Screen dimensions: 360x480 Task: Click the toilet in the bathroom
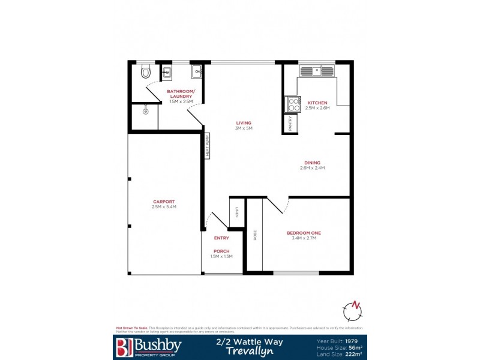point(144,73)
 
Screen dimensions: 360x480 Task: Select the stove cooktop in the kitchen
point(293,104)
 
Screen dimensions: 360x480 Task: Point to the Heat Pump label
point(208,146)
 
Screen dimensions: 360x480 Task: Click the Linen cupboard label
point(237,212)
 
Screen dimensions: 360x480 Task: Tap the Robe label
point(255,236)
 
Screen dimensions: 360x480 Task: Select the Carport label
point(164,202)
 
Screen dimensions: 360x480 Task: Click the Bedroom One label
point(304,233)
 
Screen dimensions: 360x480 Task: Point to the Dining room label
point(312,163)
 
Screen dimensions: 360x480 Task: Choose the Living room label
point(244,123)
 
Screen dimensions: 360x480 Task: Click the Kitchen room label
point(317,103)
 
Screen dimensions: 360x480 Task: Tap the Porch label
point(221,251)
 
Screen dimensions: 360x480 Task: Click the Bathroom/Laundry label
point(180,94)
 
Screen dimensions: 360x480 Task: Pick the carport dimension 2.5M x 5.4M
point(164,207)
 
